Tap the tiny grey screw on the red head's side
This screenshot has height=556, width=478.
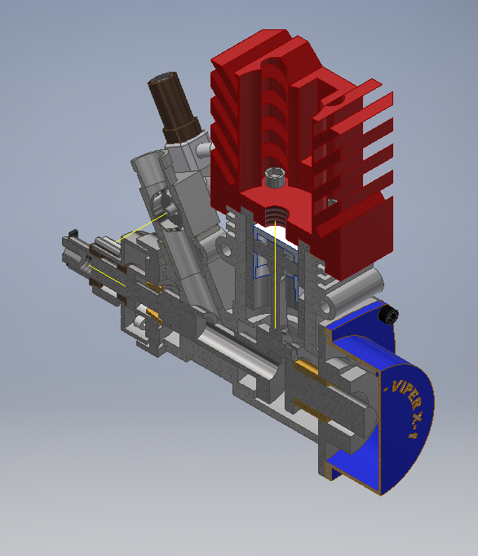[332, 199]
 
